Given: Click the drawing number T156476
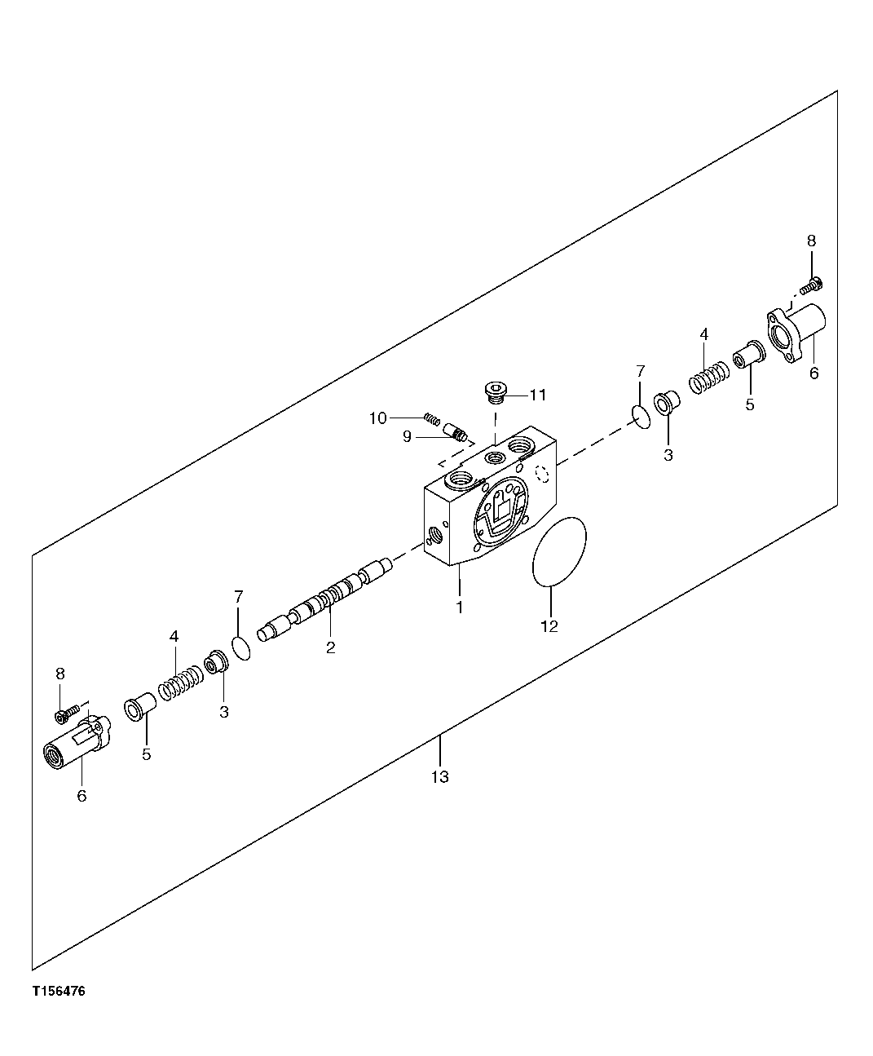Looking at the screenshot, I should click(x=59, y=992).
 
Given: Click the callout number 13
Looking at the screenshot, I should click(x=440, y=777).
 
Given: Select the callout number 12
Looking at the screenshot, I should click(x=549, y=626).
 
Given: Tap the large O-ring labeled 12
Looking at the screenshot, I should click(x=559, y=551).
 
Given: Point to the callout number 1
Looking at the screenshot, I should click(x=460, y=608).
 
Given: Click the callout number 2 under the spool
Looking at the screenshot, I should click(x=330, y=648).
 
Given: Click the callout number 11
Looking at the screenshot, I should click(x=537, y=395).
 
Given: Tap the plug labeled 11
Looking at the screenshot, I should click(x=494, y=392).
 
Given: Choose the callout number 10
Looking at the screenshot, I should click(x=377, y=418).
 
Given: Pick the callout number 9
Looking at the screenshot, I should click(x=407, y=436).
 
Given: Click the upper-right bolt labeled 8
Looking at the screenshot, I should click(x=813, y=285).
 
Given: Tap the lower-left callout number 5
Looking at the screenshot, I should click(x=147, y=754).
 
